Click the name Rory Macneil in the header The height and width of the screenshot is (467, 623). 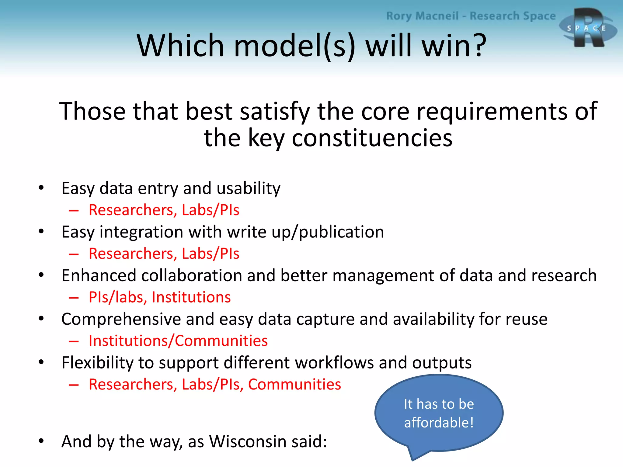422,16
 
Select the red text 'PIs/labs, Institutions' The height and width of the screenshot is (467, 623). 159,297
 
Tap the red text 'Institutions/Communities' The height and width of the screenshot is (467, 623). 178,341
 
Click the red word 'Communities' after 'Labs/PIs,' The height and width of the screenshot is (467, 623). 294,384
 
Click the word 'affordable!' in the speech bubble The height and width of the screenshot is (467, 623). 439,423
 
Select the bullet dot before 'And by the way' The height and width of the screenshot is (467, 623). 41,441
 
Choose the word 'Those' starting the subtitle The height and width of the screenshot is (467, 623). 92,111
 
